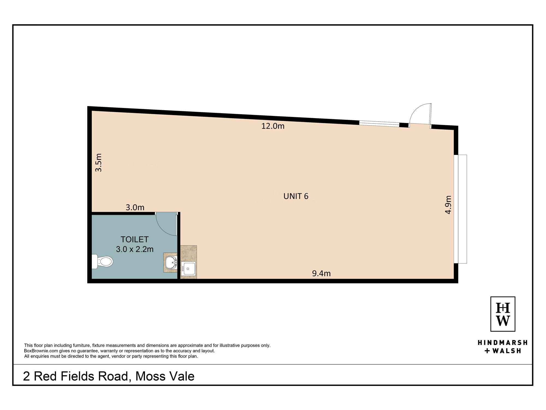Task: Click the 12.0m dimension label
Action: click(273, 126)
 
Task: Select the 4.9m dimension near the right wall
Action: click(448, 204)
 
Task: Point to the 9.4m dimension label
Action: click(321, 273)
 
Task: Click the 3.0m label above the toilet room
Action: click(135, 207)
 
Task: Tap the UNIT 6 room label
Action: click(296, 196)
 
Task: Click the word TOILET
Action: click(135, 239)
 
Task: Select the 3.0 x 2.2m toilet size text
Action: click(135, 249)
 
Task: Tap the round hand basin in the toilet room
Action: click(171, 262)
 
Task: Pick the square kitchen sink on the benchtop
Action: click(188, 268)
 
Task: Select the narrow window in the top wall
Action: click(379, 124)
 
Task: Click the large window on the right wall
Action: click(461, 209)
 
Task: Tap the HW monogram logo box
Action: click(503, 314)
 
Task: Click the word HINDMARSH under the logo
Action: click(502, 342)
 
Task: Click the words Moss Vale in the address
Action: click(165, 376)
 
